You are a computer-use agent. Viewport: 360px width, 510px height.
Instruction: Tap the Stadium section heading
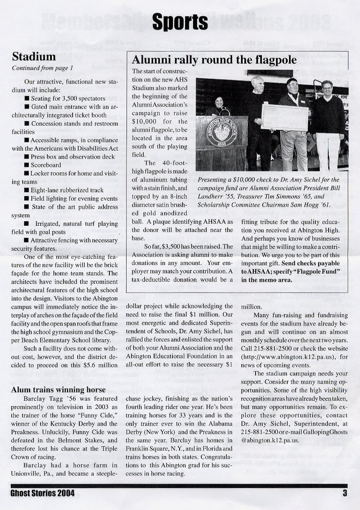(34, 56)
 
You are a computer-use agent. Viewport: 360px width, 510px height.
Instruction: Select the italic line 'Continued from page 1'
(43, 68)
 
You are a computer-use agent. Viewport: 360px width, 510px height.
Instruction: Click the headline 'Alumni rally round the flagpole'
(214, 60)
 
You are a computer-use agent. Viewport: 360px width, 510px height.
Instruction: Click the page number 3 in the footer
(345, 493)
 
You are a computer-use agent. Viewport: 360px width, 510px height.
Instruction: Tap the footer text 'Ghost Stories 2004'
(43, 493)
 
